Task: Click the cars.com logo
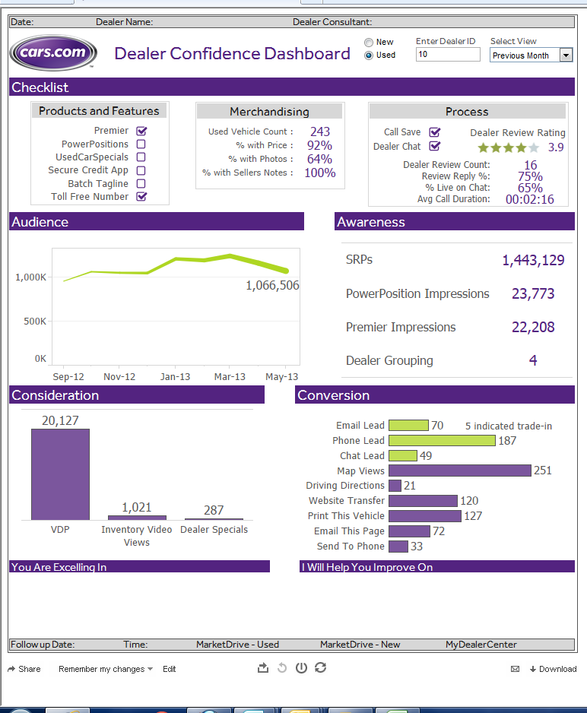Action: pyautogui.click(x=53, y=53)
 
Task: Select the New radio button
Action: pyautogui.click(x=369, y=43)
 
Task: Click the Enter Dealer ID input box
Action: pyautogui.click(x=448, y=55)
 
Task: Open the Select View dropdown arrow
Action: pyautogui.click(x=566, y=55)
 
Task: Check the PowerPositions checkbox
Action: pyautogui.click(x=141, y=144)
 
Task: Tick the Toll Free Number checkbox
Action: pyautogui.click(x=141, y=197)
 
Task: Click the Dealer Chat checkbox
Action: pyautogui.click(x=435, y=146)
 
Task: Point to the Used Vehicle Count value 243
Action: pyautogui.click(x=320, y=132)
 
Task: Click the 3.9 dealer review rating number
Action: pyautogui.click(x=556, y=147)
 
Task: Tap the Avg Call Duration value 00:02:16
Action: pyautogui.click(x=529, y=200)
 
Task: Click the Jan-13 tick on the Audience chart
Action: pyautogui.click(x=175, y=376)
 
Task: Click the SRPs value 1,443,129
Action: pyautogui.click(x=533, y=261)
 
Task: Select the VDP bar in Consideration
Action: pyautogui.click(x=60, y=474)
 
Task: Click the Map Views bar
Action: pyautogui.click(x=459, y=471)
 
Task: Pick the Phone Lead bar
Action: pyautogui.click(x=442, y=440)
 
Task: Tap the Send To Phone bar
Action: pyautogui.click(x=398, y=546)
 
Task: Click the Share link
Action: pyautogui.click(x=24, y=669)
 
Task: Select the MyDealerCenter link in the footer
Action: pyautogui.click(x=481, y=645)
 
